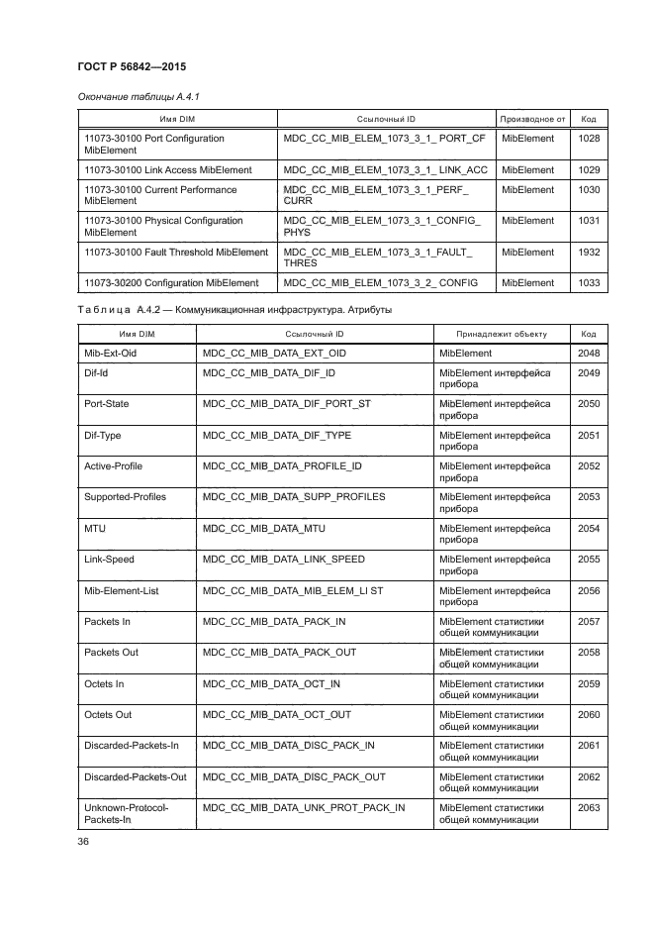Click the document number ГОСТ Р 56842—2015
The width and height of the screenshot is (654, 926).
tap(132, 66)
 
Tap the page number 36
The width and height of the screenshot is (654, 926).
tap(83, 842)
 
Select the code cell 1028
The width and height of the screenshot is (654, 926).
tap(589, 139)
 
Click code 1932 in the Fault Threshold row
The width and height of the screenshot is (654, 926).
tap(589, 252)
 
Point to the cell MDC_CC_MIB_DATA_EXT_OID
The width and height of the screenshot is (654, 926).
tap(274, 353)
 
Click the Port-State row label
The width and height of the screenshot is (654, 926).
tap(107, 404)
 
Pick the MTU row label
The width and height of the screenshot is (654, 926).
tap(95, 528)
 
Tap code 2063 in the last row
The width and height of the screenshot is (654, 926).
tap(589, 807)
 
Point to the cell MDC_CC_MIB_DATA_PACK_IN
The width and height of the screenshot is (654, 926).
tap(273, 621)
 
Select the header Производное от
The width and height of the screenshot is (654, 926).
tap(531, 119)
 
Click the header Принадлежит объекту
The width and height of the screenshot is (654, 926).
tap(502, 334)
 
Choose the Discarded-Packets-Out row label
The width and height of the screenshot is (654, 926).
tap(136, 776)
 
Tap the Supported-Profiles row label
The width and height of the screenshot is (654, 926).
tap(125, 497)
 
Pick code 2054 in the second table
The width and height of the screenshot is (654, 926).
tap(589, 528)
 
